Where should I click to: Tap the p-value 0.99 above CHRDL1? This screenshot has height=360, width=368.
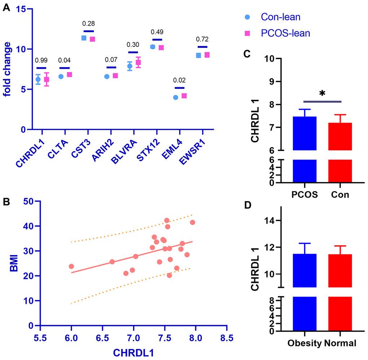coord(41,60)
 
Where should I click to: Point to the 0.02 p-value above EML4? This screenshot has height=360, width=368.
coord(179,80)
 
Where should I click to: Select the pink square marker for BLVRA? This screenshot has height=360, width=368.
coord(138,62)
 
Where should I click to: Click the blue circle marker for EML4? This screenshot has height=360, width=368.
coord(175,97)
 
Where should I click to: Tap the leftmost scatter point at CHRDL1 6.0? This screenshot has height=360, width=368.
coord(71,266)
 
